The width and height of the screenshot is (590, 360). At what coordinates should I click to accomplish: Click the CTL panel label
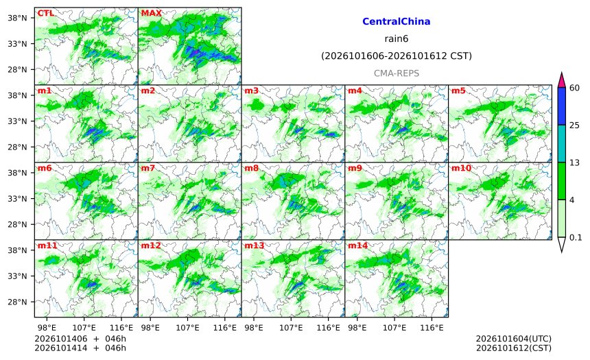(x=45, y=13)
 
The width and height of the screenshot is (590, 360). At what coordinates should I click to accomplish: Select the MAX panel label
(x=151, y=13)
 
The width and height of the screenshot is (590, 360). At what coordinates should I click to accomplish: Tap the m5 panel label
(x=458, y=91)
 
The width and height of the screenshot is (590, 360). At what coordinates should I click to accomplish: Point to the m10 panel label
(x=461, y=168)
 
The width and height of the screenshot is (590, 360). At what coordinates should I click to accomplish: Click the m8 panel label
(x=251, y=168)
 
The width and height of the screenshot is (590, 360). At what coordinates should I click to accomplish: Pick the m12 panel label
(x=151, y=245)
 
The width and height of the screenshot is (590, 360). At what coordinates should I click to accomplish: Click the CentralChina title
(x=397, y=21)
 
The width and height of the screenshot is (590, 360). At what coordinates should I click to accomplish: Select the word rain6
(x=397, y=39)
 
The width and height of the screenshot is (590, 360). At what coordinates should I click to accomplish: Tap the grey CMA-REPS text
(x=397, y=73)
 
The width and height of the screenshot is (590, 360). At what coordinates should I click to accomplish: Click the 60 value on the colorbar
(x=574, y=88)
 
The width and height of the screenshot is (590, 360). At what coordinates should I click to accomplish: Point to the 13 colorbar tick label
(x=574, y=163)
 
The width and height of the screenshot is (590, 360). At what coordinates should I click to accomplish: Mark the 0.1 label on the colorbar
(x=576, y=237)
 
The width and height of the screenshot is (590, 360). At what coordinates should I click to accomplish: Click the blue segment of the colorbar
(x=561, y=106)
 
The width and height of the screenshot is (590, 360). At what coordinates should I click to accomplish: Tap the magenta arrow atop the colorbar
(x=561, y=80)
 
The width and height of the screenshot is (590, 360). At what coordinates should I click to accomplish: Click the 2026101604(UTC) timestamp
(x=514, y=339)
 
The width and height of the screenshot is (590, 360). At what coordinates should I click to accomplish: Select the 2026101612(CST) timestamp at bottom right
(x=514, y=348)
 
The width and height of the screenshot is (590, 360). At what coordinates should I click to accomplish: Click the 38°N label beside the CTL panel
(x=17, y=18)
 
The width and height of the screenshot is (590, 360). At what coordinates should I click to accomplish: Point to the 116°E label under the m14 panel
(x=432, y=328)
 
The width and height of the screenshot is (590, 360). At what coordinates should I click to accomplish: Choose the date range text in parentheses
(x=397, y=56)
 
